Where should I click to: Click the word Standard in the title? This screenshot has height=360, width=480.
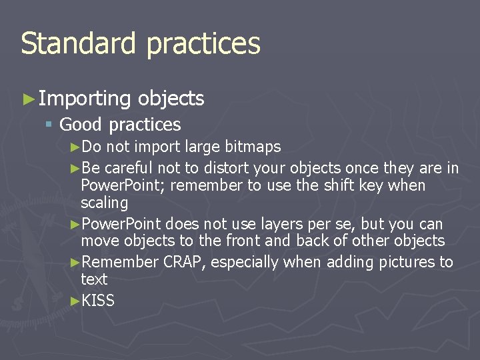coord(79,43)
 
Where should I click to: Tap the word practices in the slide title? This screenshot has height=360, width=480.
coord(203,45)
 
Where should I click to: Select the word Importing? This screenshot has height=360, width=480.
coord(85,99)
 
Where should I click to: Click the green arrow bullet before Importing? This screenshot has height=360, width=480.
coord(28,99)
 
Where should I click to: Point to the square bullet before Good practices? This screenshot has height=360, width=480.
coord(48,125)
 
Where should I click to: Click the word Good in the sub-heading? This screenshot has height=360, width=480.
coord(81,125)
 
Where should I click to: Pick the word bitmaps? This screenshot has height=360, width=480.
coord(253,147)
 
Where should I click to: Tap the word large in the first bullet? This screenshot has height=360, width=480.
coord(202,147)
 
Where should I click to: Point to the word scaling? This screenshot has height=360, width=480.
coord(104,203)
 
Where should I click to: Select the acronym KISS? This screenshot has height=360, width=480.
coord(98,301)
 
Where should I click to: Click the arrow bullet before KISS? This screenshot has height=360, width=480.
coord(75,301)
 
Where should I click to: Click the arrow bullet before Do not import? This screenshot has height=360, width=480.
coord(75,147)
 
